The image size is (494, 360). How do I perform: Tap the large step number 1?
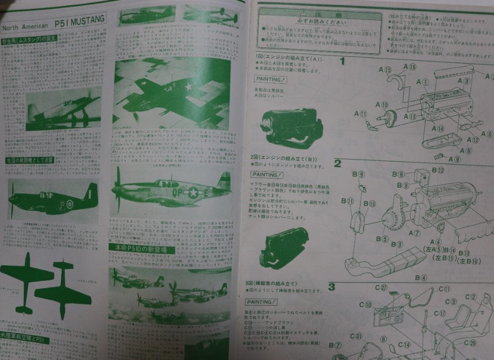tap(342, 61)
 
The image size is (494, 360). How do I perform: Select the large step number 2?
tap(338, 163)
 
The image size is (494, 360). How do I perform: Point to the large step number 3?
tap(332, 287)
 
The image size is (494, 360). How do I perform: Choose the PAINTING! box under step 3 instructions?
tap(261, 302)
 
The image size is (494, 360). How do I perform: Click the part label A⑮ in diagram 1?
tap(385, 70)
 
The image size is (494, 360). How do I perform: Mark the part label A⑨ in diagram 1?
tap(454, 159)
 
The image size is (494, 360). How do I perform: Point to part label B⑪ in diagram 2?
tap(350, 201)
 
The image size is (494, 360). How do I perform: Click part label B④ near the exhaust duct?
tap(421, 278)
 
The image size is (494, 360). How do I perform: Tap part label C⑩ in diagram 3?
tap(365, 305)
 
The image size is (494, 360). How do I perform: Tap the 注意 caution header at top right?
tap(319, 15)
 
